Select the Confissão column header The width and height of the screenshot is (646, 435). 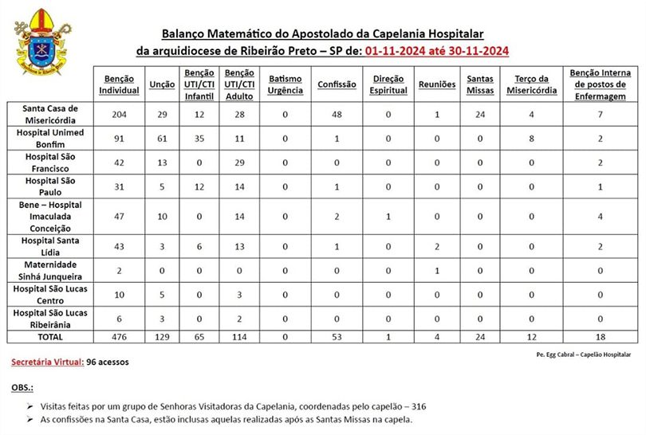(332, 84)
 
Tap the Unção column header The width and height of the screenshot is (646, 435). (162, 84)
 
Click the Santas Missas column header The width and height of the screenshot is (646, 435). (479, 84)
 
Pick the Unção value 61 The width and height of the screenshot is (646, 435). (163, 138)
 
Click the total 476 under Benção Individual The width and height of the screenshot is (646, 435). (120, 338)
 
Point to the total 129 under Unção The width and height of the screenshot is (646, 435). (163, 338)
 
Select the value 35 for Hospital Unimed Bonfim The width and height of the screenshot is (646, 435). (199, 138)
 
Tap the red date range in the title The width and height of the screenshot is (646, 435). (437, 51)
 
